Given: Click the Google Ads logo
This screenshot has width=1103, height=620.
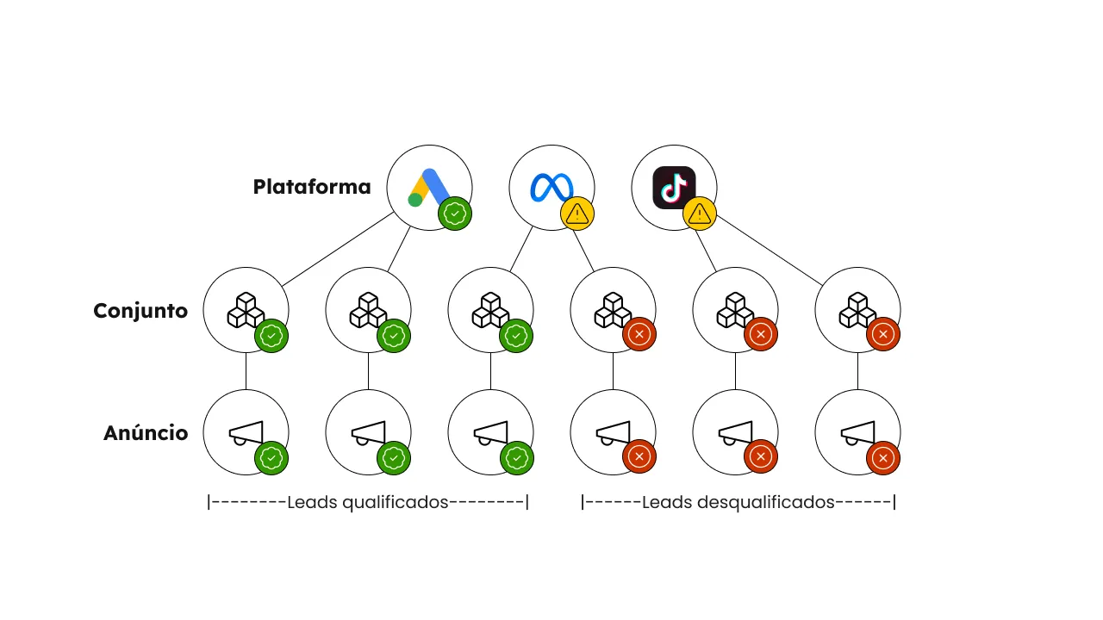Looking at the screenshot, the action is pyautogui.click(x=428, y=188).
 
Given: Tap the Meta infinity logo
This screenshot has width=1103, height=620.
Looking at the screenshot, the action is pyautogui.click(x=551, y=188).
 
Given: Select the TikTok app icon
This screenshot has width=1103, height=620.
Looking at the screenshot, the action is pyautogui.click(x=674, y=188).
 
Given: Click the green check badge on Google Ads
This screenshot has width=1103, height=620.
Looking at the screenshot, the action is pyautogui.click(x=455, y=214).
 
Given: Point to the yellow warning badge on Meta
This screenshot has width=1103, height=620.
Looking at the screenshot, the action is pyautogui.click(x=577, y=214).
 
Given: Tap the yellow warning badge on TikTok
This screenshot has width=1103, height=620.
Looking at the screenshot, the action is pyautogui.click(x=699, y=214).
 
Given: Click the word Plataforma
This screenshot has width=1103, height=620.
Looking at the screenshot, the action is pyautogui.click(x=312, y=187).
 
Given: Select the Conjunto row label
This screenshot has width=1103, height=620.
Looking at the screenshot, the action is pyautogui.click(x=140, y=311).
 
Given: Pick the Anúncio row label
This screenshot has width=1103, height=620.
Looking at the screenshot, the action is pyautogui.click(x=146, y=433).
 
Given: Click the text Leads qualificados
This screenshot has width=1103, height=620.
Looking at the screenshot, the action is pyautogui.click(x=368, y=502).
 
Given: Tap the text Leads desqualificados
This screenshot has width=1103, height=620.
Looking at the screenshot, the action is pyautogui.click(x=738, y=502).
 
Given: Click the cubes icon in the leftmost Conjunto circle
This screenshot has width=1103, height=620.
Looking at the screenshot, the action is pyautogui.click(x=246, y=310).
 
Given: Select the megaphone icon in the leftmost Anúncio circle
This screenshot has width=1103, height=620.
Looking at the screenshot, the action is pyautogui.click(x=246, y=433).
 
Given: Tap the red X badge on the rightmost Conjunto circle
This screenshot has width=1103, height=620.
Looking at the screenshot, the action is pyautogui.click(x=883, y=334).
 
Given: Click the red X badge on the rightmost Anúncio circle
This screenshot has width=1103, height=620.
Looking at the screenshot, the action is pyautogui.click(x=883, y=458).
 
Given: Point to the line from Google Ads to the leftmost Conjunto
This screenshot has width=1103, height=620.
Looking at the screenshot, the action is pyautogui.click(x=338, y=249).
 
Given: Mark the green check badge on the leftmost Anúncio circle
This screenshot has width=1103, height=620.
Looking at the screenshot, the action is pyautogui.click(x=271, y=458).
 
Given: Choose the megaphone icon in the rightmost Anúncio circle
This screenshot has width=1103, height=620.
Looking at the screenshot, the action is pyautogui.click(x=857, y=433).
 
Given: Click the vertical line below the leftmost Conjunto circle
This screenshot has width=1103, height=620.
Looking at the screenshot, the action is pyautogui.click(x=246, y=371).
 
